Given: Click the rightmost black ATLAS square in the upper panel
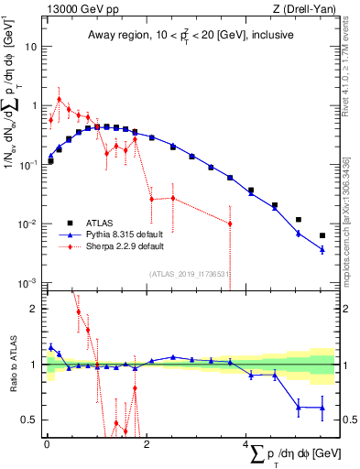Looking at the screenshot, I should (x=322, y=235).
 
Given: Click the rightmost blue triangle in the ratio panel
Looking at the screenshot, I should (x=322, y=408).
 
